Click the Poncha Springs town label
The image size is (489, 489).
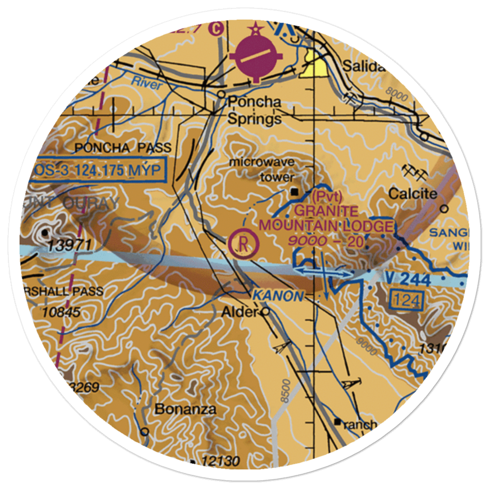click(x=255, y=111)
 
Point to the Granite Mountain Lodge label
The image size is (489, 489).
click(x=326, y=219)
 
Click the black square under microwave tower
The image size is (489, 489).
click(x=294, y=192)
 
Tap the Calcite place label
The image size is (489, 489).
click(x=412, y=194)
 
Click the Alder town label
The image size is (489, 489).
click(x=240, y=312)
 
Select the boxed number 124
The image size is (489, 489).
click(x=406, y=299)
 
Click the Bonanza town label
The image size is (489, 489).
click(x=185, y=409)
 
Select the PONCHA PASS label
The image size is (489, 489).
click(x=123, y=148)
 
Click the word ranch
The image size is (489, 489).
click(x=360, y=424)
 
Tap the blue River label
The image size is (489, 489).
click(x=146, y=84)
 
